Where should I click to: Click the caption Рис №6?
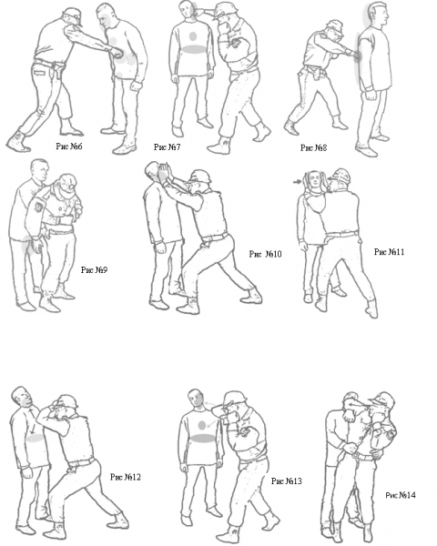[69, 147]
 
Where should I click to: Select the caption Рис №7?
[168, 147]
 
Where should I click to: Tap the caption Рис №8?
[313, 148]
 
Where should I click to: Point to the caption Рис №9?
[94, 270]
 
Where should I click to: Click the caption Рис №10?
[266, 254]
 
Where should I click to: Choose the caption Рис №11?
[390, 252]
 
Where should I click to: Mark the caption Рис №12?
[126, 477]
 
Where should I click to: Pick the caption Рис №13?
[287, 481]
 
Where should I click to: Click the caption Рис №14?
[401, 495]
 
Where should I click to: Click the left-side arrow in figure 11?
[298, 181]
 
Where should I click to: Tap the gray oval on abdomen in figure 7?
[194, 49]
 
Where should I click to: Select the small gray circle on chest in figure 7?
[193, 35]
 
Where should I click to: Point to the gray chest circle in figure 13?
[202, 425]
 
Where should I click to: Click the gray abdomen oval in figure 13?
[202, 439]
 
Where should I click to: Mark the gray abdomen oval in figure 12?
[36, 439]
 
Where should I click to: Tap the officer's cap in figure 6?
[74, 15]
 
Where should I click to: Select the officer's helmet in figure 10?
[200, 176]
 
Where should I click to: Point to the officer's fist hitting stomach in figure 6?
[117, 53]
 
